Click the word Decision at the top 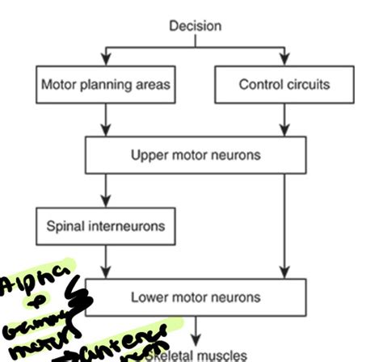(195, 26)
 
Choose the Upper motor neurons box (196, 154)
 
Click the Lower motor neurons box (196, 297)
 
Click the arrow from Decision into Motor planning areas (106, 57)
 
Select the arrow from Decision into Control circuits (284, 57)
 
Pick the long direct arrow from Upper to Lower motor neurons (284, 226)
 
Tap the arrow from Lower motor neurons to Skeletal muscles (196, 327)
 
